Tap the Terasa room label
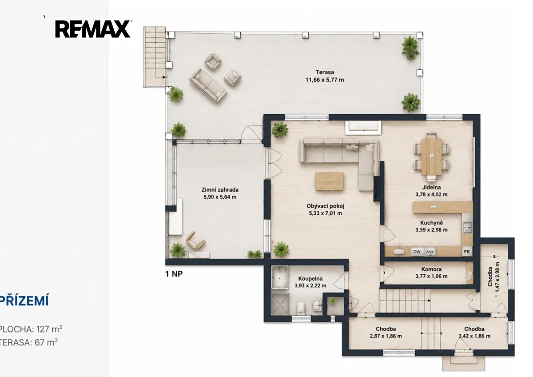point(325,72)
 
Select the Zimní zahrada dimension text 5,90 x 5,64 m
point(220,197)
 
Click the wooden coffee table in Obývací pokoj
point(329,181)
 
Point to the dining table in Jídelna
point(431,156)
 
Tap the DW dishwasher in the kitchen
point(417,252)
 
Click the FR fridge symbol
point(467,252)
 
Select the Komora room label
point(431,269)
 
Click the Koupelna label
point(310,279)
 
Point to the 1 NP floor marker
point(174,274)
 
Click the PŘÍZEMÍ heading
point(24,300)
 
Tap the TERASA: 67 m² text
point(28,342)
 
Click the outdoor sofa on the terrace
point(208,85)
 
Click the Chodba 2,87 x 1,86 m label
point(386,333)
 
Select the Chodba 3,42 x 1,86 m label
point(474,333)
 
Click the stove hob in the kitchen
point(467,228)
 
